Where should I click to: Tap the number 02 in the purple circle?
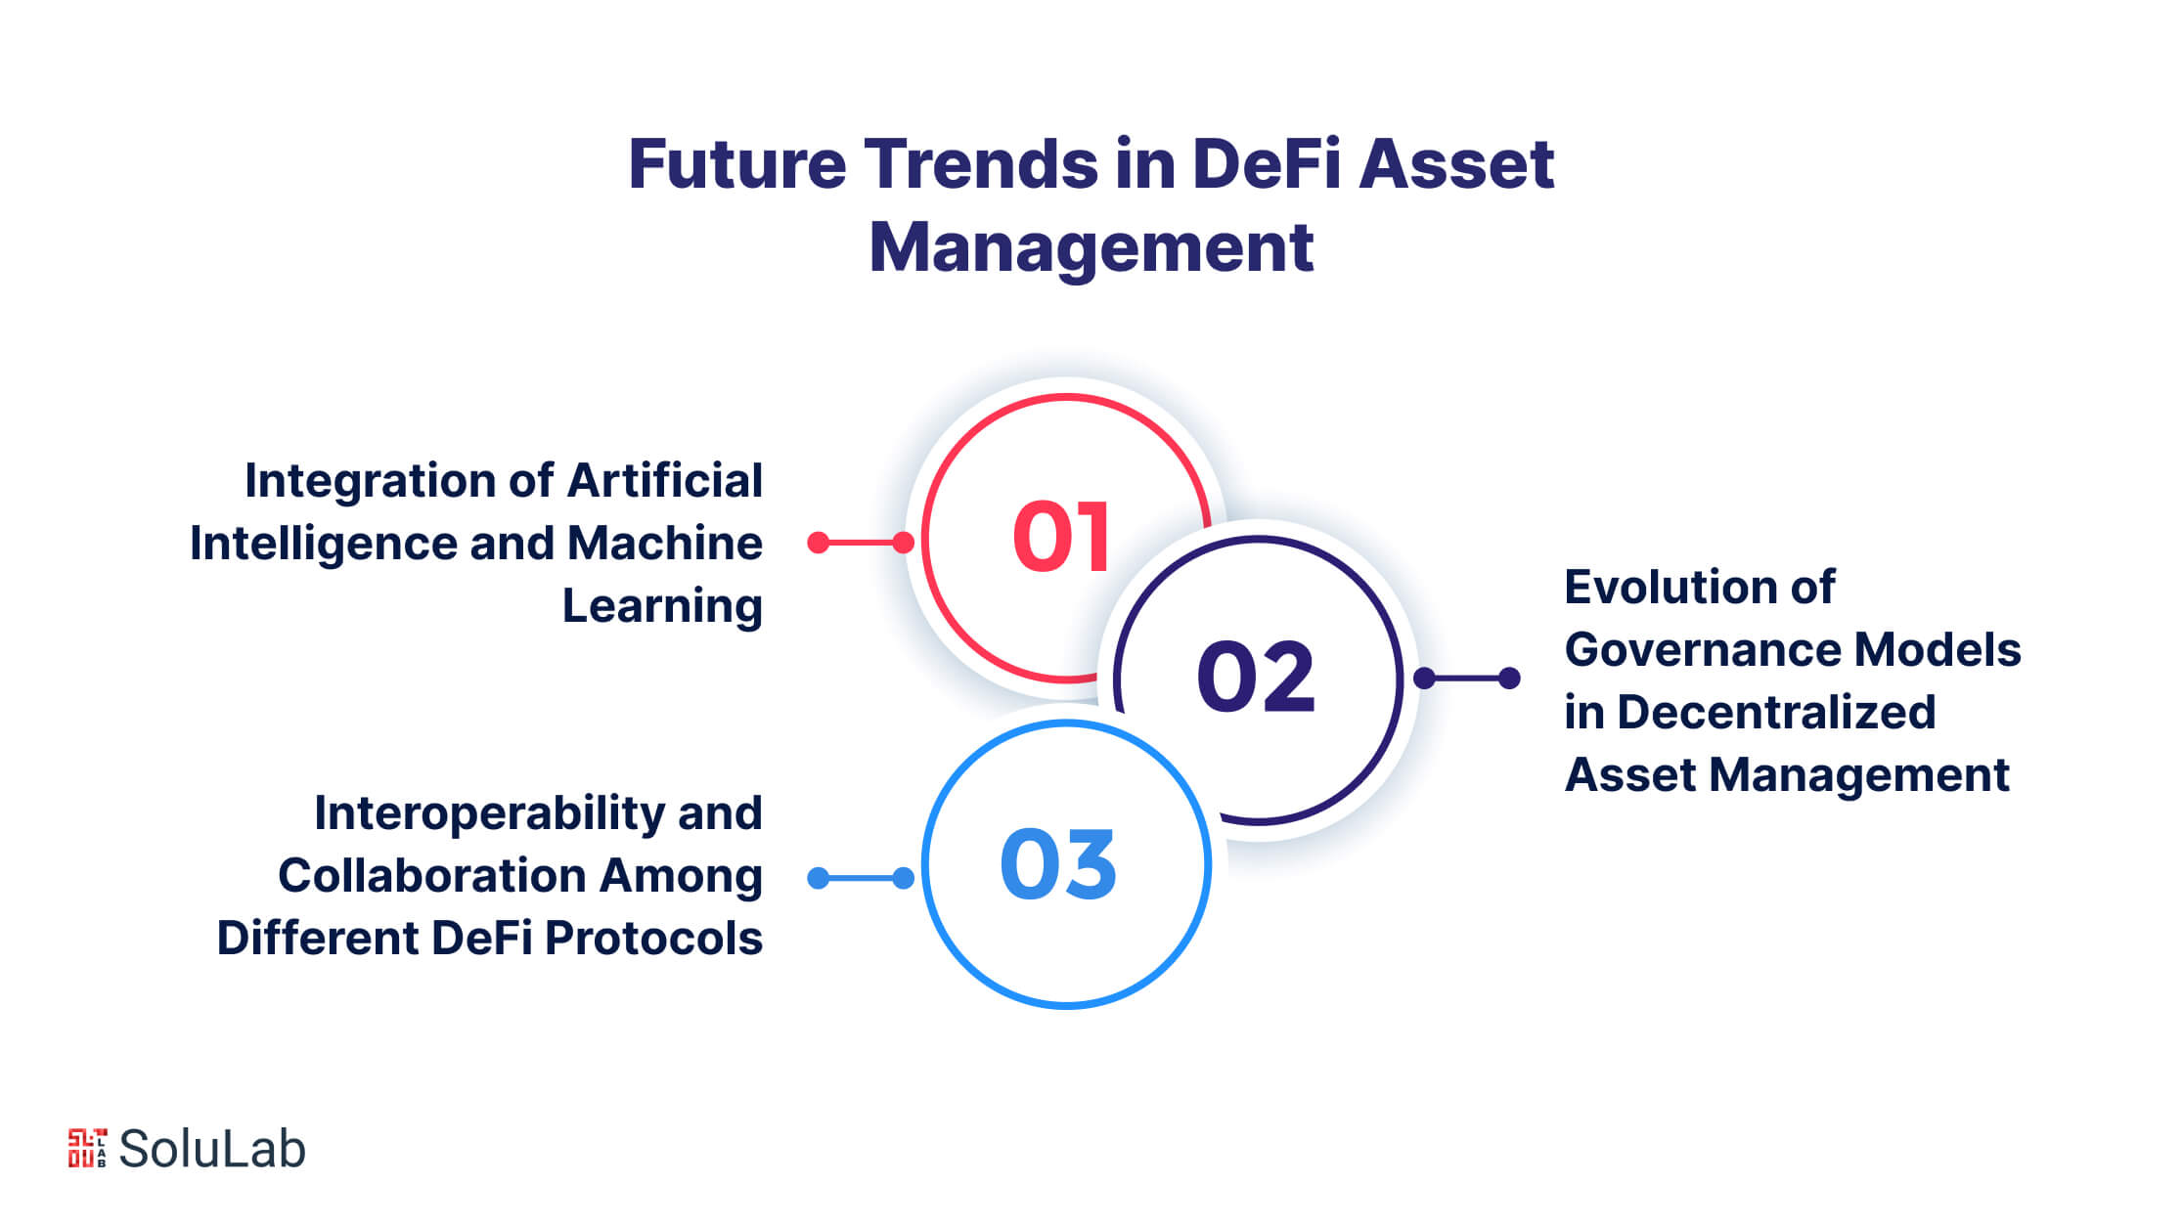(x=1256, y=677)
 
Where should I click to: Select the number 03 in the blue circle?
(x=1057, y=864)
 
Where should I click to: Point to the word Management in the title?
(x=1091, y=247)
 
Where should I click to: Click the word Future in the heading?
(x=736, y=163)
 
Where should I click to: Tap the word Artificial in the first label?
(x=664, y=480)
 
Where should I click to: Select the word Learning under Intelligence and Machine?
(x=662, y=605)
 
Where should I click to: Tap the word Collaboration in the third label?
(x=430, y=875)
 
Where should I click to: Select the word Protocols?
(x=652, y=938)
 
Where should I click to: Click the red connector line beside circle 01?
(x=862, y=543)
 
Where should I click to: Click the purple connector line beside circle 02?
(x=1467, y=678)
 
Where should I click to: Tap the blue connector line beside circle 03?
(x=862, y=878)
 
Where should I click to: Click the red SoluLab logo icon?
(x=87, y=1148)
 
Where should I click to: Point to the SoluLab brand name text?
(x=211, y=1149)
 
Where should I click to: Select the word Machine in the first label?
(x=664, y=543)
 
